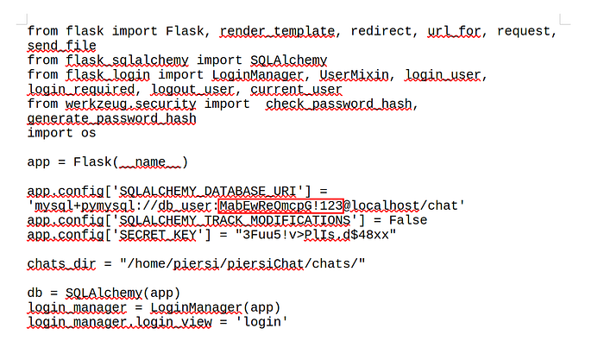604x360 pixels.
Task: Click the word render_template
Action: coord(277,31)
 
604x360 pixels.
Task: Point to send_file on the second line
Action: coord(62,46)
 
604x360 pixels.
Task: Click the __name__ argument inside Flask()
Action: coord(152,162)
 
